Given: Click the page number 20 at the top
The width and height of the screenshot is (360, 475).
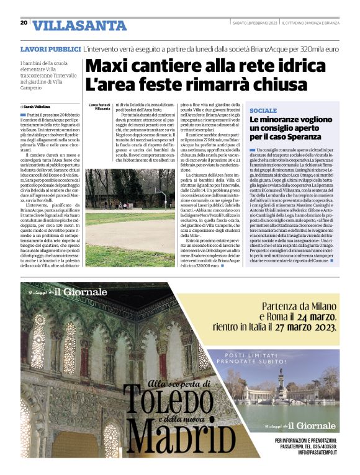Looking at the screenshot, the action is click(24, 23).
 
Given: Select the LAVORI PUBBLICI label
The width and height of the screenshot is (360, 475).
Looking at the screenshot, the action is click(50, 48).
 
